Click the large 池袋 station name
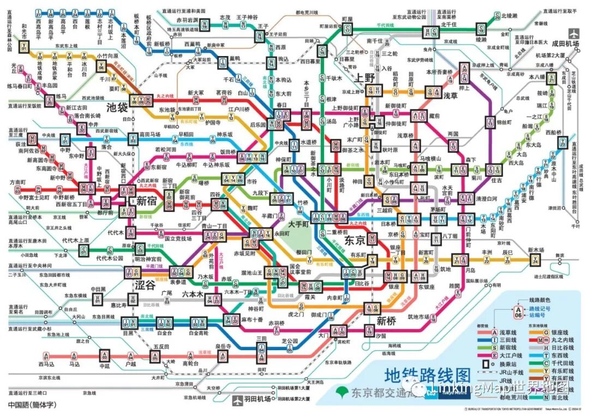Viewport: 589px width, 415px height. (x=118, y=107)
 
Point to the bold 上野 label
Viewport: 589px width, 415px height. (x=365, y=78)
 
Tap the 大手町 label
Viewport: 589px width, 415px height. (x=299, y=223)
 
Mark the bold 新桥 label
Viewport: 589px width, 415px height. (x=386, y=320)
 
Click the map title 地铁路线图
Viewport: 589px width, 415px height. (x=427, y=375)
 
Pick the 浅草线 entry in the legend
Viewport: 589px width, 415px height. (x=508, y=332)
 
